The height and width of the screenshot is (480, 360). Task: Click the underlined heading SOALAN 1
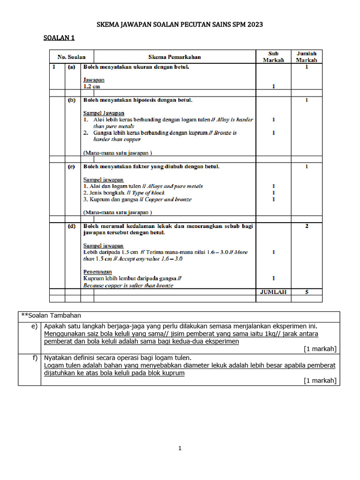click(59, 38)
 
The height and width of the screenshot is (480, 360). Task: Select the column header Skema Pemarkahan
click(174, 57)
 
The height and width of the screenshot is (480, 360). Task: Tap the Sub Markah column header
click(273, 57)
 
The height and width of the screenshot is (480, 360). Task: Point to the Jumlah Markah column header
click(307, 57)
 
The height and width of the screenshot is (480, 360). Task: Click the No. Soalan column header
click(72, 57)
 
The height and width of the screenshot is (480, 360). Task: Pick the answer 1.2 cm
click(91, 87)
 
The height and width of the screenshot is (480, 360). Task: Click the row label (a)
click(72, 67)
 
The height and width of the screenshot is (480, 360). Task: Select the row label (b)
click(72, 100)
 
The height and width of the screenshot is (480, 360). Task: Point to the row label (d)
click(72, 226)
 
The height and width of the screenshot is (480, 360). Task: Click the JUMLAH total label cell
click(273, 292)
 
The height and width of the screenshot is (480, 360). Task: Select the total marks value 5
click(307, 292)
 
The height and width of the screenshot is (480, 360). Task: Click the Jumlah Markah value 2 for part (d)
click(307, 226)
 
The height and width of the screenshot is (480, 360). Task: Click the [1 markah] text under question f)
click(320, 381)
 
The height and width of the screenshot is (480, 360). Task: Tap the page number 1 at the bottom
click(180, 449)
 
